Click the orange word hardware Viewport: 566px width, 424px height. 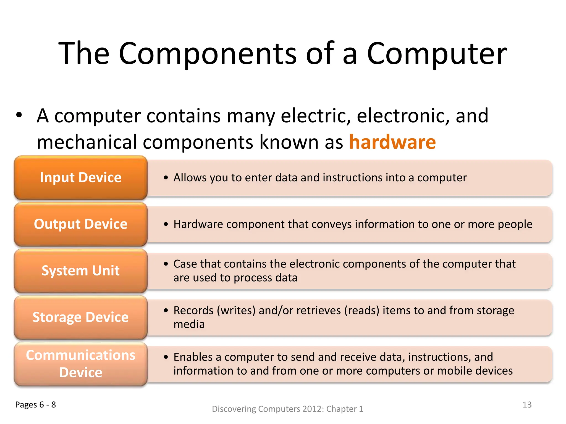coord(392,142)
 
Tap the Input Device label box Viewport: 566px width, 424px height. coord(81,177)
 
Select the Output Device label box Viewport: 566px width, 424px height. coord(81,224)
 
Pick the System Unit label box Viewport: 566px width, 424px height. coord(81,271)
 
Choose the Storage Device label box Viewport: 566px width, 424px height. coord(81,317)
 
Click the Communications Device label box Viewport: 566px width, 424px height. coord(81,364)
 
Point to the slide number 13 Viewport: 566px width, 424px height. coord(527,405)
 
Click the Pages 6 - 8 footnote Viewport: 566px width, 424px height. coord(35,405)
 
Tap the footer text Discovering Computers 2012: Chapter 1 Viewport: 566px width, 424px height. coord(287,409)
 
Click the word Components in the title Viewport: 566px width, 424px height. coord(207,54)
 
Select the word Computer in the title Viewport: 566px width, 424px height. coord(437,54)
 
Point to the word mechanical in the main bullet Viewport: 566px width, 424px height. coord(87,142)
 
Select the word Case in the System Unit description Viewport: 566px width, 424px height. coord(185,264)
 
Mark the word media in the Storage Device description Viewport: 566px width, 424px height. coord(189,324)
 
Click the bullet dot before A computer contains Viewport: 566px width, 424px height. coord(19,115)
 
